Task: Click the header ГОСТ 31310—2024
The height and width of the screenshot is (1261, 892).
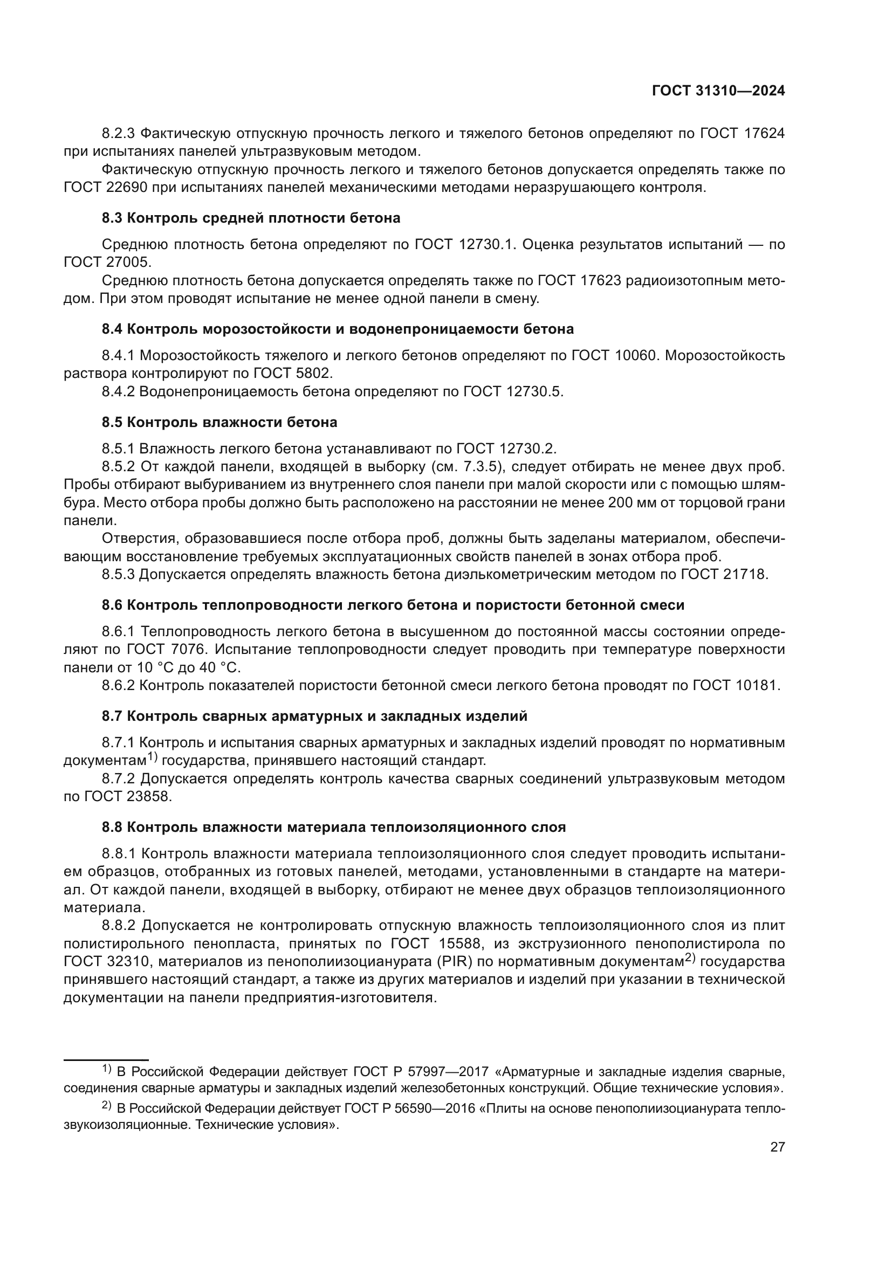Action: pyautogui.click(x=718, y=91)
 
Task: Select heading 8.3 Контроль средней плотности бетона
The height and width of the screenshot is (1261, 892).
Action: pyautogui.click(x=251, y=218)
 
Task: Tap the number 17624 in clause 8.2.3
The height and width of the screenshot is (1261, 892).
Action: pyautogui.click(x=764, y=134)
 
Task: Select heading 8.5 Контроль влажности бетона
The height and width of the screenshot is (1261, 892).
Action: pyautogui.click(x=219, y=422)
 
